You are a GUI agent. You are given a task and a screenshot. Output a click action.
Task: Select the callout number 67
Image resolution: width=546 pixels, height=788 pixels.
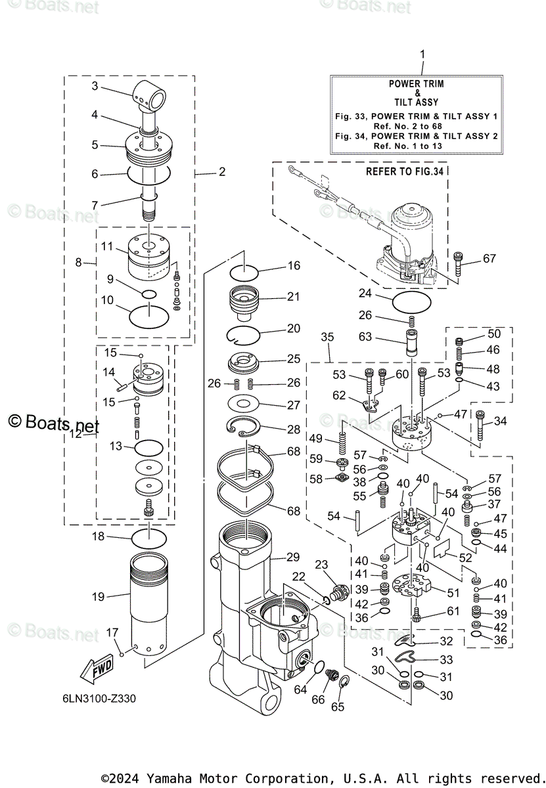(489, 259)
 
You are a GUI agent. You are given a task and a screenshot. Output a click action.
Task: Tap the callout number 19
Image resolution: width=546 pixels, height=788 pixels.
(98, 597)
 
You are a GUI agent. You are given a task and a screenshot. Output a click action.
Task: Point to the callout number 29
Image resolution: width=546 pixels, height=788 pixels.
(293, 557)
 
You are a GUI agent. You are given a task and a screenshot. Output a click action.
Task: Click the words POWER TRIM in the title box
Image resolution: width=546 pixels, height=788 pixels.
(416, 84)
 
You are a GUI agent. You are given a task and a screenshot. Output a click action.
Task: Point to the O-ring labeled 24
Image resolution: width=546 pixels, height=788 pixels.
(412, 303)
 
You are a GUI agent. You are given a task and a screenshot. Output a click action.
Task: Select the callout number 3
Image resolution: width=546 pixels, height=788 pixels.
(95, 86)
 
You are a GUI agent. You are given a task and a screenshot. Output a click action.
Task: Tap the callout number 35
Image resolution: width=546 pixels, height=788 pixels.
(327, 337)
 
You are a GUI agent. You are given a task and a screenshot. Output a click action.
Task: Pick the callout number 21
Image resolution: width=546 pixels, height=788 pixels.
(293, 297)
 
